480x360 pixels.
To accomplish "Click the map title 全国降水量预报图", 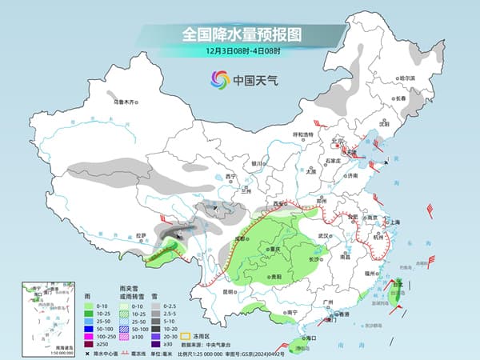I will click(239, 34).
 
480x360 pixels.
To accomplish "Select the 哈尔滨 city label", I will click(408, 78).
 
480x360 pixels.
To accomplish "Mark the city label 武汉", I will click(323, 236).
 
